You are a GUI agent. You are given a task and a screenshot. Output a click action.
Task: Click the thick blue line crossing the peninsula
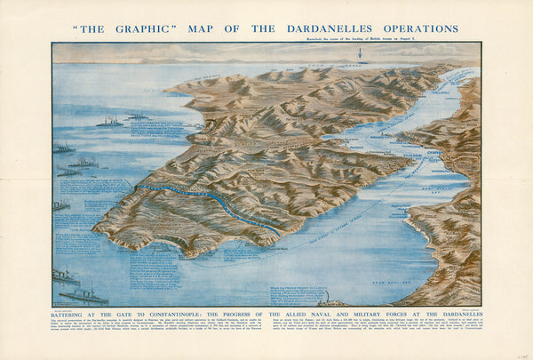(x=204, y=203)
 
